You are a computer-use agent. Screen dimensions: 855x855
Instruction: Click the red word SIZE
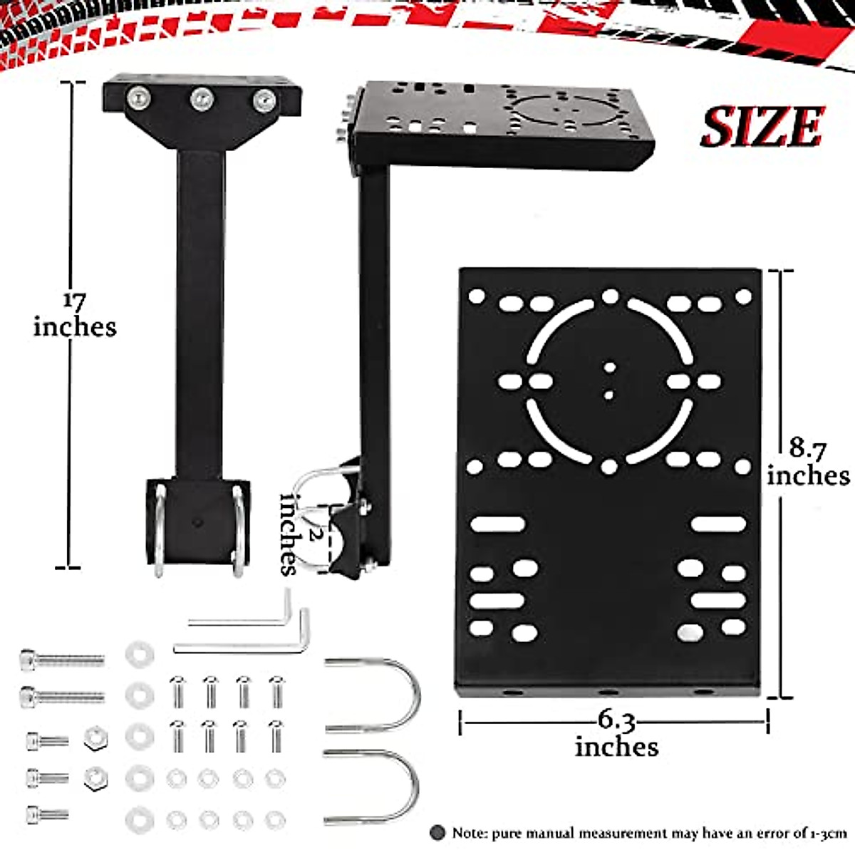[x=762, y=128]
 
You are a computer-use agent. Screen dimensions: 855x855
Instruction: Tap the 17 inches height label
[x=74, y=314]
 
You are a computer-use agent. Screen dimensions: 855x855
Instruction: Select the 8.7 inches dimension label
[x=808, y=462]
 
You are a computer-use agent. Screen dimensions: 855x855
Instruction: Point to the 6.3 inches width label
[x=616, y=734]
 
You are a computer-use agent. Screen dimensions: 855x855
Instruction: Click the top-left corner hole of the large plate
[x=476, y=296]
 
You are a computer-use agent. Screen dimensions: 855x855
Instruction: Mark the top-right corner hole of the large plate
[x=743, y=296]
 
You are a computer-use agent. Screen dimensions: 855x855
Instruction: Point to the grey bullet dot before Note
[x=437, y=832]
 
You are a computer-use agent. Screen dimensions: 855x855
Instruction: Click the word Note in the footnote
[x=470, y=832]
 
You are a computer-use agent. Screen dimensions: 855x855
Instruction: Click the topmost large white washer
[x=139, y=654]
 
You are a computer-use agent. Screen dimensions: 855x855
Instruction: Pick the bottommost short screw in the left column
[x=48, y=814]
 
